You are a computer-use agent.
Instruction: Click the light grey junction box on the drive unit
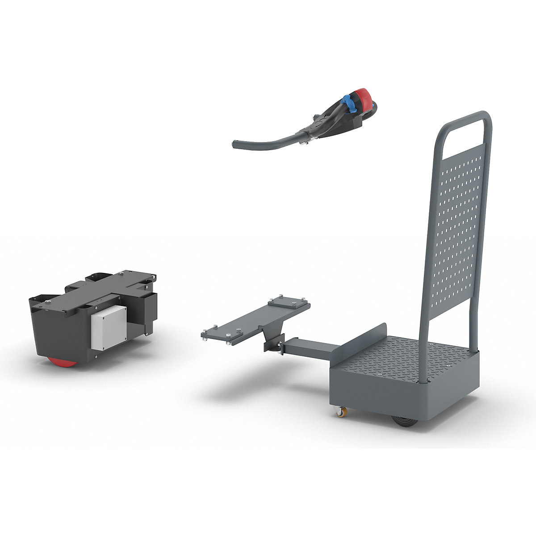109,327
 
